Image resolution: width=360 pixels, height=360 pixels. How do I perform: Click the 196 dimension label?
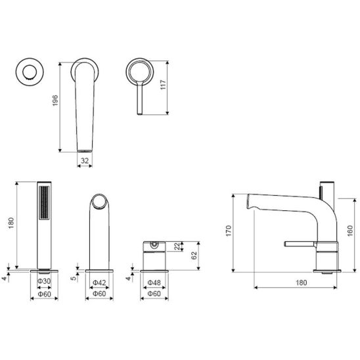click(55, 101)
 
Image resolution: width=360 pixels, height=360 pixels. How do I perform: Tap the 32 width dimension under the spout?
click(85, 160)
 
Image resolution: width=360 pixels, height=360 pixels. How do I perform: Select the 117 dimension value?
click(163, 85)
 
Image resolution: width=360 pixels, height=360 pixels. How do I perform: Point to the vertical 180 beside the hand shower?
click(11, 223)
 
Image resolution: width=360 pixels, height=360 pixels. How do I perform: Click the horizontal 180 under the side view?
click(302, 282)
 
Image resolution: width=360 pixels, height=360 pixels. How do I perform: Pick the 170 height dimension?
click(229, 231)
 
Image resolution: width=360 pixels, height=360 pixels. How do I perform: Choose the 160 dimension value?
click(350, 231)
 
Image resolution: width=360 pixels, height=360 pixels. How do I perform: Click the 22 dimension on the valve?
click(177, 246)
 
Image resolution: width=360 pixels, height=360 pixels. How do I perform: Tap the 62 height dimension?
click(194, 256)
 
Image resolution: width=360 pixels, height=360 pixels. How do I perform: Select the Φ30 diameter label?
click(44, 281)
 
